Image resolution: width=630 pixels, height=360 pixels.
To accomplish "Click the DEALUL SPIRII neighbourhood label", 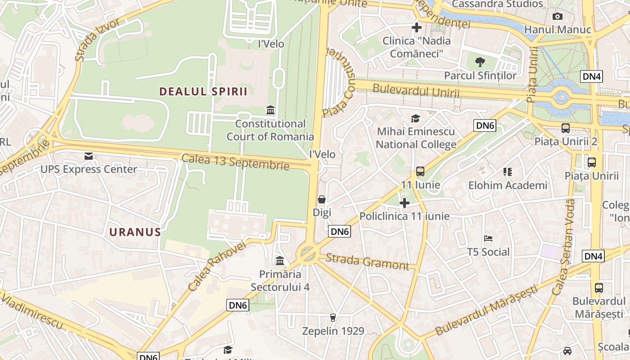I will click(x=203, y=92).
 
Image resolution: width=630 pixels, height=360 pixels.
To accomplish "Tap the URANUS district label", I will click(x=135, y=232).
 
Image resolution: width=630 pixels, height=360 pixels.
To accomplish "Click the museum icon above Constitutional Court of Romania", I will click(x=270, y=110).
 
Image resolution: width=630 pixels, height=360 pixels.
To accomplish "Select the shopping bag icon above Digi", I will click(x=322, y=199).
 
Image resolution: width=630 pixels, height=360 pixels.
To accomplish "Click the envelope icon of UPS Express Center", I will click(x=89, y=156).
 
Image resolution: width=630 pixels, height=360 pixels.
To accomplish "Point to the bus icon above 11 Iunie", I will click(x=420, y=171).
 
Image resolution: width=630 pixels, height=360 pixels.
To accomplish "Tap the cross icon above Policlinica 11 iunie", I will click(x=405, y=203).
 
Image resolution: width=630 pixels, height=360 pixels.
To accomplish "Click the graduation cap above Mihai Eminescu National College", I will click(x=416, y=118).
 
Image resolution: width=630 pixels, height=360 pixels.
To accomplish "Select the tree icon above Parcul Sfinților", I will click(x=480, y=62).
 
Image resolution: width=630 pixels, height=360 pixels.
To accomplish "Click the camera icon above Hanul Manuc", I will click(x=558, y=17).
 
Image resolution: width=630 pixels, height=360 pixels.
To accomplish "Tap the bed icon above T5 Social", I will click(x=488, y=238).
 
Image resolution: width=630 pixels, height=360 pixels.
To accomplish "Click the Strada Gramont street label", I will click(x=367, y=261).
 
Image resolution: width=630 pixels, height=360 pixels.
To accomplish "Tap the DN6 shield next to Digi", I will click(x=339, y=232).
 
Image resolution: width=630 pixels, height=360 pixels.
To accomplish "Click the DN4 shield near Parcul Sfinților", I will click(x=592, y=76).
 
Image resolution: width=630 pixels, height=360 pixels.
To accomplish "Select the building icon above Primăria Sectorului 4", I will click(x=280, y=261).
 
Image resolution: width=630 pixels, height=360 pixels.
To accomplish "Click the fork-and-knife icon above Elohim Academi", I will click(x=508, y=171).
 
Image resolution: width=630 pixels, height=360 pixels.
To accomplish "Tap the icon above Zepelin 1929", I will click(x=333, y=318).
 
